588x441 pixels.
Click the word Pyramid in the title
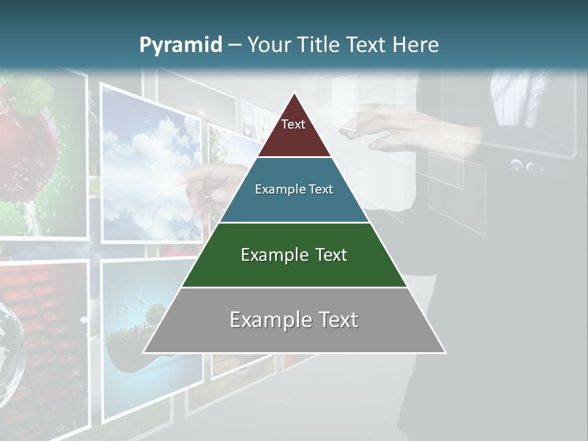[x=180, y=45]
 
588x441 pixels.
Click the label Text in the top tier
[x=293, y=124]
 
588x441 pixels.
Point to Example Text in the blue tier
[x=294, y=189]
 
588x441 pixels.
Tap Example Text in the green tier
[x=294, y=255]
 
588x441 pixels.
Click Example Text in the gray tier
[x=294, y=320]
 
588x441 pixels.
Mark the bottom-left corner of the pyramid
[x=144, y=352]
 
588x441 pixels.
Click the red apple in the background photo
[x=28, y=153]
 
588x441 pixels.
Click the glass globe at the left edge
[x=9, y=349]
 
